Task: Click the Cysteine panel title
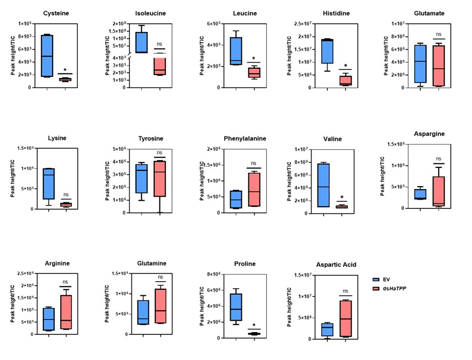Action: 56,13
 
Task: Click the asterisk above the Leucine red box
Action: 253,58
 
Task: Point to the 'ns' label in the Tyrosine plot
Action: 160,152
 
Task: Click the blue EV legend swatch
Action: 376,279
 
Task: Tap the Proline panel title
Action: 245,263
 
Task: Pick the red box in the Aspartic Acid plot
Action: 346,319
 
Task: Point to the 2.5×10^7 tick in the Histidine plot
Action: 299,24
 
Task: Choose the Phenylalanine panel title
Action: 245,139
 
